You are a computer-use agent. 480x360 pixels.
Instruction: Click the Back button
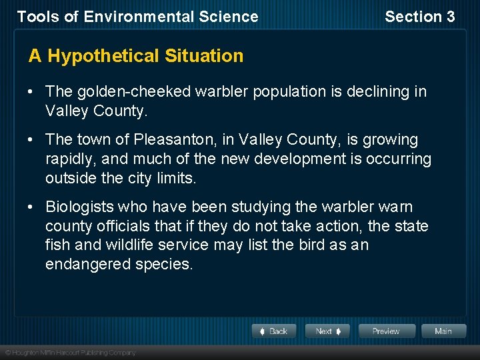(274, 331)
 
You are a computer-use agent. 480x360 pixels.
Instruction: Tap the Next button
(327, 331)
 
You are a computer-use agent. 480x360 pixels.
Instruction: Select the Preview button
(386, 331)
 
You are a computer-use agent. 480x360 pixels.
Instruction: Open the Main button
(443, 331)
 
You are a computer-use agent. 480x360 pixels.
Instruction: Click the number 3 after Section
(450, 17)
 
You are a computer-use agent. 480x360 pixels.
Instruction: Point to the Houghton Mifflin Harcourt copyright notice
(70, 352)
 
